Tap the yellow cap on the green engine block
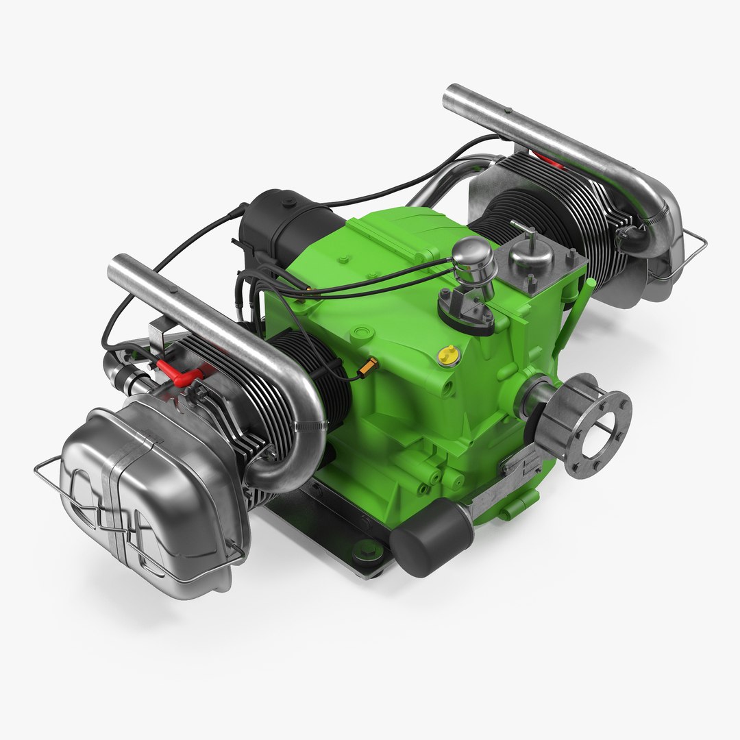(449, 354)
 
